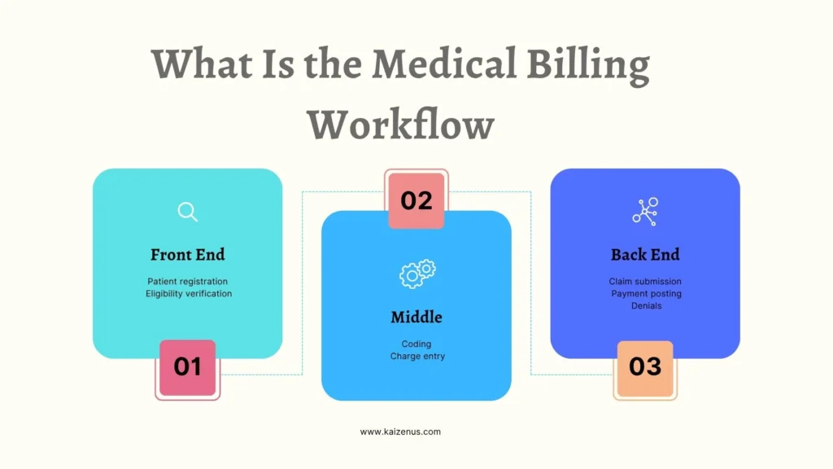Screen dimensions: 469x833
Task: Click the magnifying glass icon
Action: click(x=188, y=213)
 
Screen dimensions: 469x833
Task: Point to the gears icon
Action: click(x=416, y=273)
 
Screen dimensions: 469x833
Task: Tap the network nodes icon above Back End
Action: click(x=645, y=212)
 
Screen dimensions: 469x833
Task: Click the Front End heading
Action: click(x=188, y=255)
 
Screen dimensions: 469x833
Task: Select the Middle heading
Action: click(x=416, y=317)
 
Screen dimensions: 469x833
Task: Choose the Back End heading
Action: click(x=645, y=255)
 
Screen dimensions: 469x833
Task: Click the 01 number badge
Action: click(x=187, y=367)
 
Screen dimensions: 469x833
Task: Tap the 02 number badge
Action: click(x=416, y=200)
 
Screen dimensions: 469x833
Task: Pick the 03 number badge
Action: click(x=645, y=367)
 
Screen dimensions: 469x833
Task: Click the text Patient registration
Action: click(x=188, y=281)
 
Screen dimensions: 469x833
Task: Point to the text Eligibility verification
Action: click(x=189, y=293)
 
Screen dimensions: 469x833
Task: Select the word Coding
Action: click(x=416, y=344)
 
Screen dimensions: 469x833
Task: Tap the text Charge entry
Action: click(x=417, y=356)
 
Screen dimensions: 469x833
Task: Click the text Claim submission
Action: click(x=645, y=282)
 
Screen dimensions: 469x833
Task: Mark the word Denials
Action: click(x=646, y=305)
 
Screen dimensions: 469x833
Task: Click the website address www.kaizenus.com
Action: click(x=400, y=432)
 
